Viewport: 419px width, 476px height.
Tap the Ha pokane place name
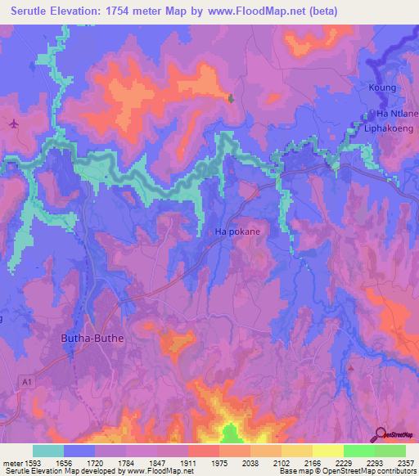coord(237,232)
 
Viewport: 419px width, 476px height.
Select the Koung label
coord(383,88)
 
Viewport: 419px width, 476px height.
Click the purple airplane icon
coord(14,123)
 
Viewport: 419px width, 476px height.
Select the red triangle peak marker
coord(350,367)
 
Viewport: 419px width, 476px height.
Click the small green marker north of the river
coord(232,99)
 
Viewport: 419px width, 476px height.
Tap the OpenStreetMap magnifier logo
coord(381,434)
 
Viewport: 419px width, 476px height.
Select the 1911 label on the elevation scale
coord(187,462)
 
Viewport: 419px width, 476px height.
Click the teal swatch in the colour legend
coord(47,451)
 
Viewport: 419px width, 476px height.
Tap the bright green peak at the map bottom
coord(231,433)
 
